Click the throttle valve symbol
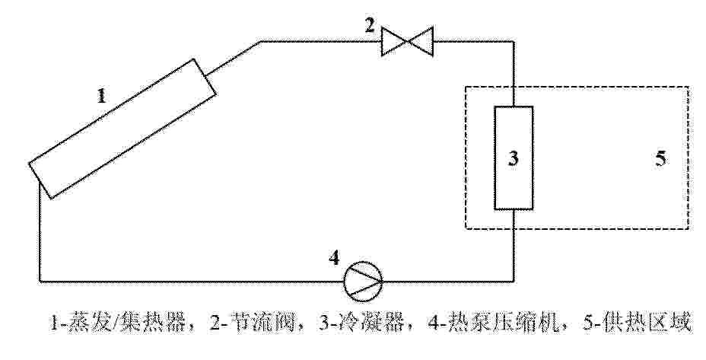(407, 41)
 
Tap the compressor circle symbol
(363, 280)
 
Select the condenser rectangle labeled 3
(514, 158)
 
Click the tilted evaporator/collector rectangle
(122, 129)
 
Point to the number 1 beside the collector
(102, 96)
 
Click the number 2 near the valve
(370, 25)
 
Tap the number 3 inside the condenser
(514, 158)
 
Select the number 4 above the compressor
(334, 258)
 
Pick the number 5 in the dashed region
(660, 158)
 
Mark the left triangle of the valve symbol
(394, 41)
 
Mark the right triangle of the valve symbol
(420, 41)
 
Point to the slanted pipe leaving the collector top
(234, 58)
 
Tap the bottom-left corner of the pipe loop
(40, 281)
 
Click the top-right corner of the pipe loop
(514, 41)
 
